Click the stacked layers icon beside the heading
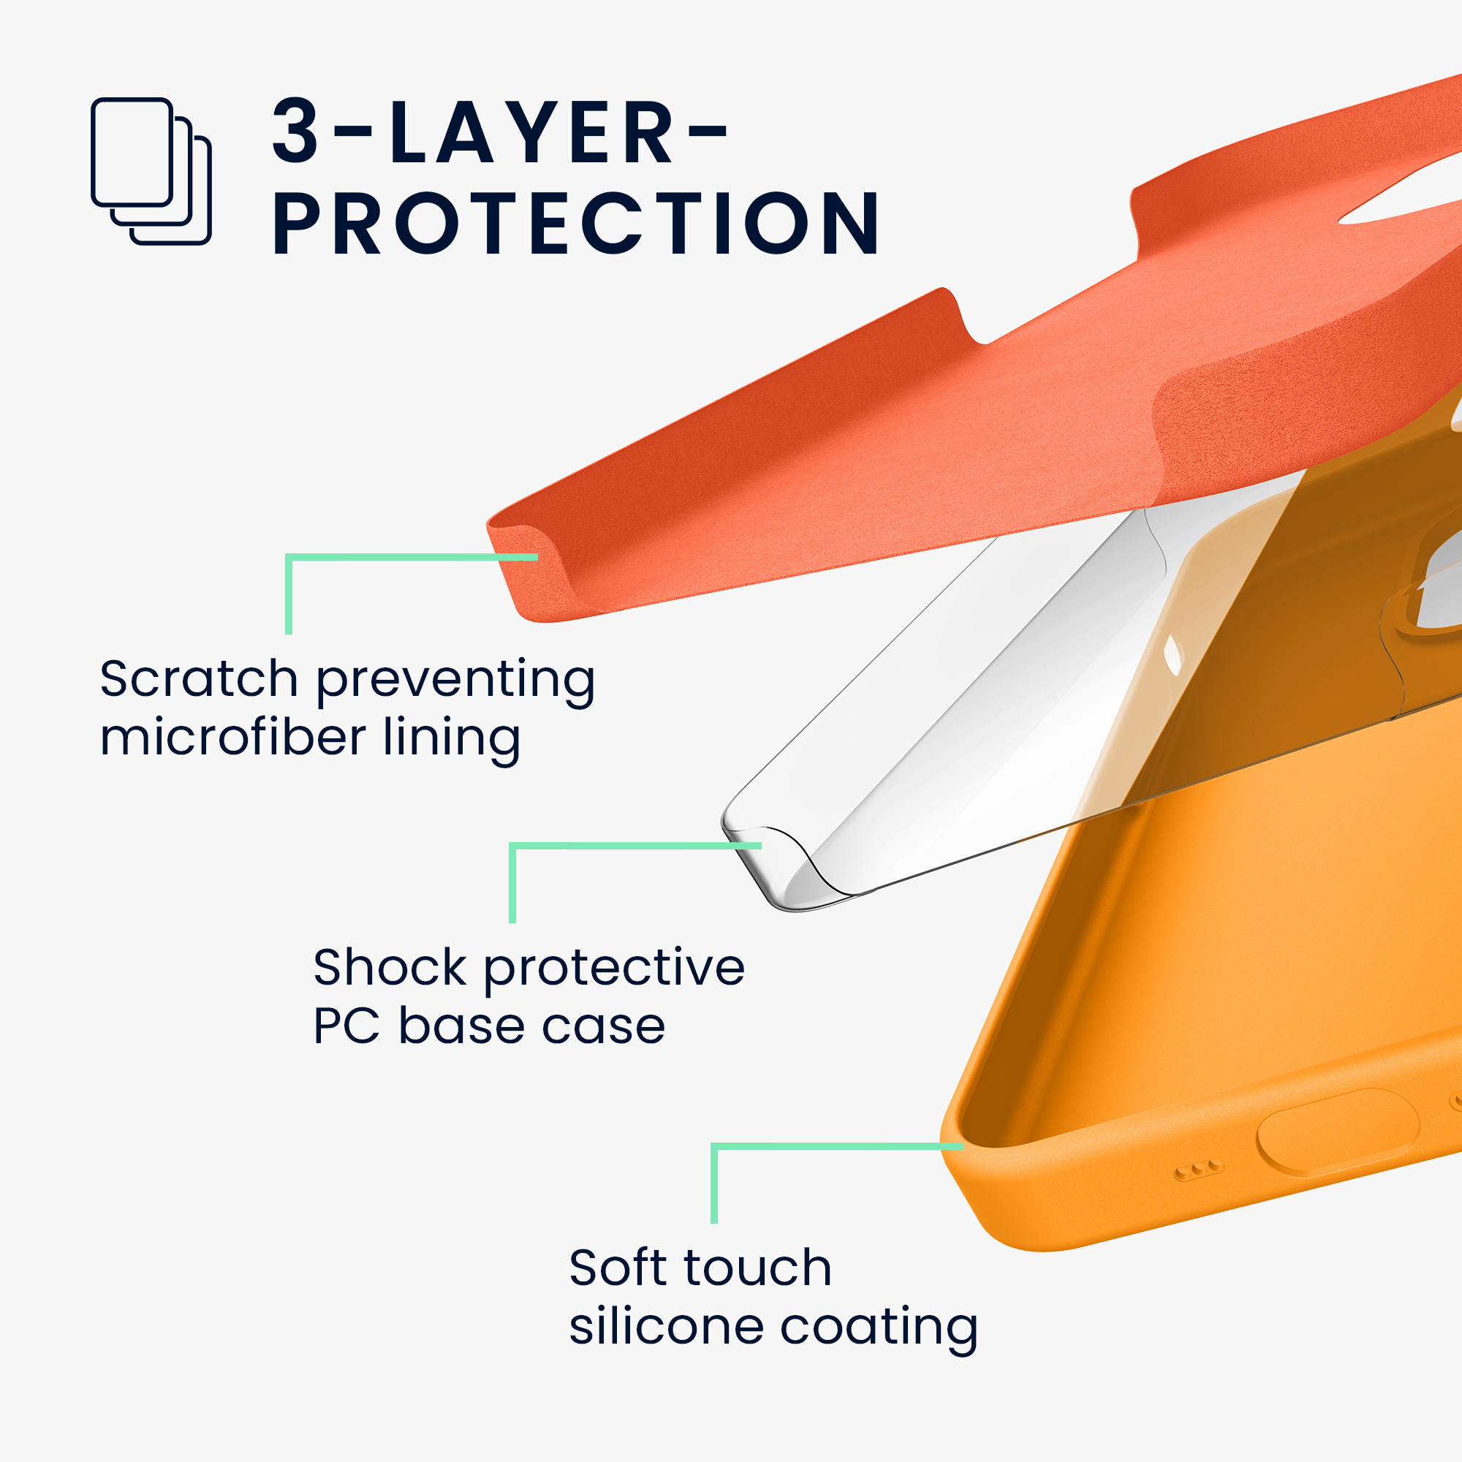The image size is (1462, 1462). tap(151, 171)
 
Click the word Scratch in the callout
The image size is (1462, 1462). tap(199, 678)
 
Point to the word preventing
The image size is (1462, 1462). tap(455, 682)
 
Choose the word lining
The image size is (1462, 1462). tap(452, 741)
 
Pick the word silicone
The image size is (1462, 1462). tap(667, 1327)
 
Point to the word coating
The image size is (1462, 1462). tap(879, 1330)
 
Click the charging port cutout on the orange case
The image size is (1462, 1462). tap(1337, 1132)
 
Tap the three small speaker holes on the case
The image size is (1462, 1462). tap(1198, 1170)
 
